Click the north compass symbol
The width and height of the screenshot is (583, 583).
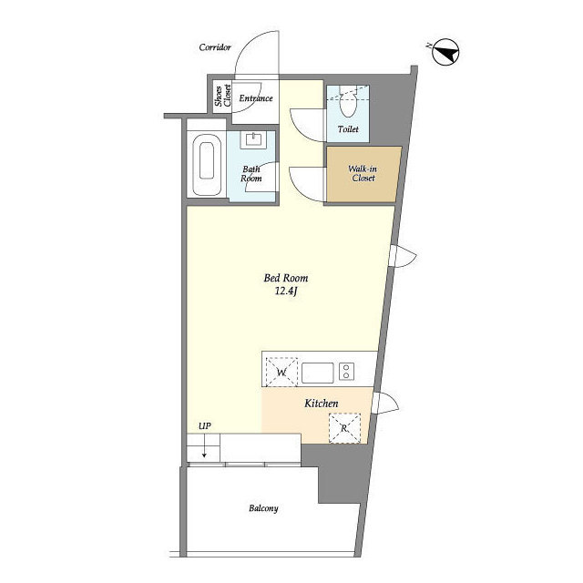pos(445,52)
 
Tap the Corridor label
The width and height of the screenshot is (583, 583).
pos(215,47)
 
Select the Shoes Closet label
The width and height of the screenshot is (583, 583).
pos(222,96)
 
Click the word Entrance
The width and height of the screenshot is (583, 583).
pos(256,98)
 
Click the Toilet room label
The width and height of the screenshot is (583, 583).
pos(348,129)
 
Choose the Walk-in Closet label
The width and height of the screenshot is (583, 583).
pos(363,173)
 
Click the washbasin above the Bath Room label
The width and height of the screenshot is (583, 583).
pos(253,139)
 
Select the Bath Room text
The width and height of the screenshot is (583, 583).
pos(251,174)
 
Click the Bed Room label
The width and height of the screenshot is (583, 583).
pos(286,278)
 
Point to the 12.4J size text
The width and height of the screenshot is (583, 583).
pos(286,291)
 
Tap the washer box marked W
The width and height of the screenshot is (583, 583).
pos(281,372)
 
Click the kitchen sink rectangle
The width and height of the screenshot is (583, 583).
pos(318,373)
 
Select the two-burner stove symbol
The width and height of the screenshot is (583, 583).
pos(346,372)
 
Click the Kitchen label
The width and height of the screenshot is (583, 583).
pos(322,404)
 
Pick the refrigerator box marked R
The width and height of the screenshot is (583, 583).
pos(344,428)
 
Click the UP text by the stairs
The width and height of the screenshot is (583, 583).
pos(204,426)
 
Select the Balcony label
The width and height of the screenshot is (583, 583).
pos(263,508)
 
